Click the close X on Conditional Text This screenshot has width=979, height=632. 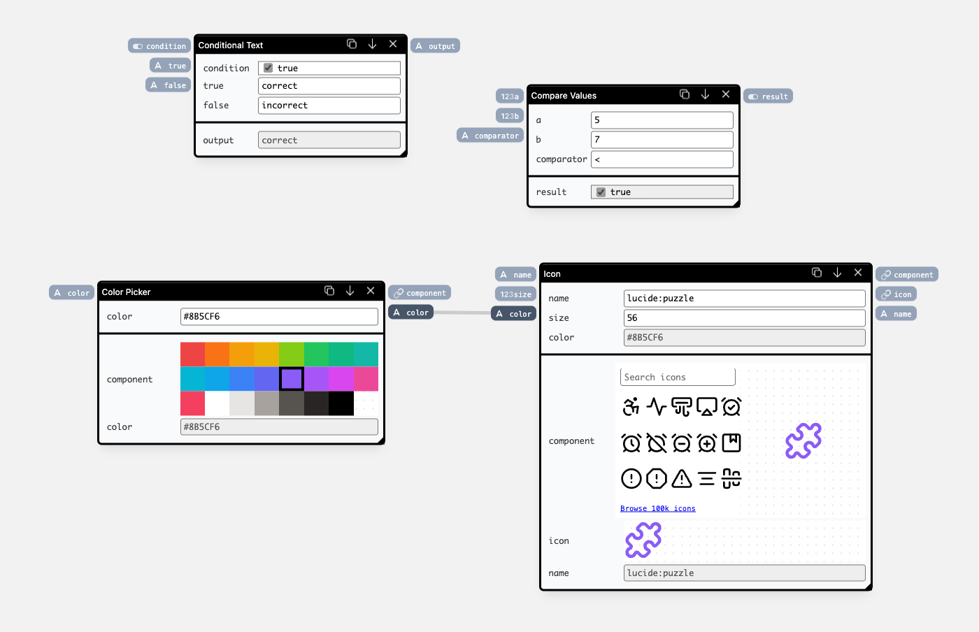(x=393, y=44)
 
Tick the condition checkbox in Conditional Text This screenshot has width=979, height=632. (x=268, y=68)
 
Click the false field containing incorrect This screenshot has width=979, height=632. (x=329, y=106)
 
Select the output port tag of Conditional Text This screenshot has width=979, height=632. (x=435, y=45)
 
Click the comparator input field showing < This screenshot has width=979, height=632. (x=662, y=159)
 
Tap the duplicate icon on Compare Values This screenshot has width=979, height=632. (x=685, y=94)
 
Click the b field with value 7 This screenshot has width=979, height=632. (x=662, y=139)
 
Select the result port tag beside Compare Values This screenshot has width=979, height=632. (x=768, y=96)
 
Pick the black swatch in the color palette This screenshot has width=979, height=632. (x=341, y=403)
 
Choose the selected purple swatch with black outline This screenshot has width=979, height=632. (x=292, y=378)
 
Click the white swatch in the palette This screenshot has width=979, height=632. (x=217, y=403)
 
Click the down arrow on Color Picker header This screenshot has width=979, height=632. (x=350, y=291)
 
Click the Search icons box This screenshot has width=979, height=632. (x=678, y=377)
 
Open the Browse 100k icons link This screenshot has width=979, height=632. (x=658, y=508)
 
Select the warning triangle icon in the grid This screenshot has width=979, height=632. (x=681, y=479)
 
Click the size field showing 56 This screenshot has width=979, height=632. (x=744, y=318)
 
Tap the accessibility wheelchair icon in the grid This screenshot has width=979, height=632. (x=631, y=406)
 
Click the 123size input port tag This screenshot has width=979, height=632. (x=516, y=294)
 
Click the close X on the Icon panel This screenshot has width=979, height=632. (x=858, y=273)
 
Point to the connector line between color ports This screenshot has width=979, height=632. (x=462, y=313)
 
